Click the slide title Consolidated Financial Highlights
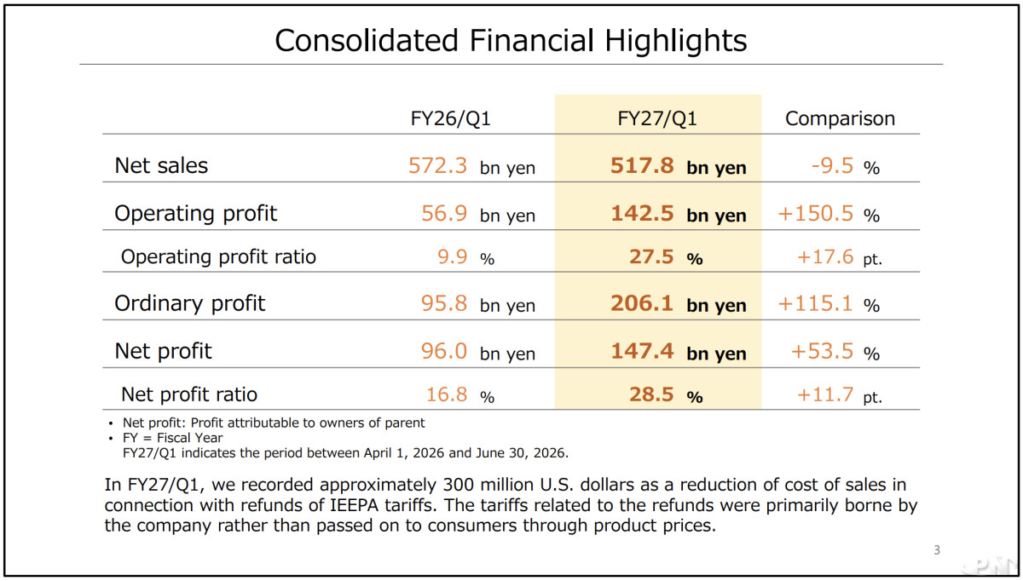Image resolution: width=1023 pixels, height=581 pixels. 511,41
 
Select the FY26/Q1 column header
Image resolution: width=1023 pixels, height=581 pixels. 450,118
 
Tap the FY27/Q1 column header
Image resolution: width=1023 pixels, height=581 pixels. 657,118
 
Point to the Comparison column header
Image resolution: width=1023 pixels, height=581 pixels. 840,118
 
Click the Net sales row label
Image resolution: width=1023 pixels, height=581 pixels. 161,165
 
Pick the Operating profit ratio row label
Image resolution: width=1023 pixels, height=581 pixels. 218,257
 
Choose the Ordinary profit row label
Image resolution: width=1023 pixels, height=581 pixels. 189,303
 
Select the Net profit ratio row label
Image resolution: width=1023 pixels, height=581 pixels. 189,394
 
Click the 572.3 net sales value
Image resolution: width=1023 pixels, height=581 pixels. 437,165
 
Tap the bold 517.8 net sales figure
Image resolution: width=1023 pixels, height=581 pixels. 642,165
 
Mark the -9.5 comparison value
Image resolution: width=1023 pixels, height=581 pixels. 832,165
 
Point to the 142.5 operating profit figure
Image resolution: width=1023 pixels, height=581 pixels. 642,214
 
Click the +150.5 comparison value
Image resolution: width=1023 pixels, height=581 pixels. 816,214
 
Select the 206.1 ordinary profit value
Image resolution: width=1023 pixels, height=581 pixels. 642,303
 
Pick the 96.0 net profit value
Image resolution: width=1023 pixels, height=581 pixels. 444,352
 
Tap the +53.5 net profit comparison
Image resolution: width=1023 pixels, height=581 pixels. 822,352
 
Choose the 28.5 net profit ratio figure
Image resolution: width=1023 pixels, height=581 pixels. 651,394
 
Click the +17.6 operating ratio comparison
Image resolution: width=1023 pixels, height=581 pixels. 825,257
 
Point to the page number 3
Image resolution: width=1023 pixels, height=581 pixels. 937,550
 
